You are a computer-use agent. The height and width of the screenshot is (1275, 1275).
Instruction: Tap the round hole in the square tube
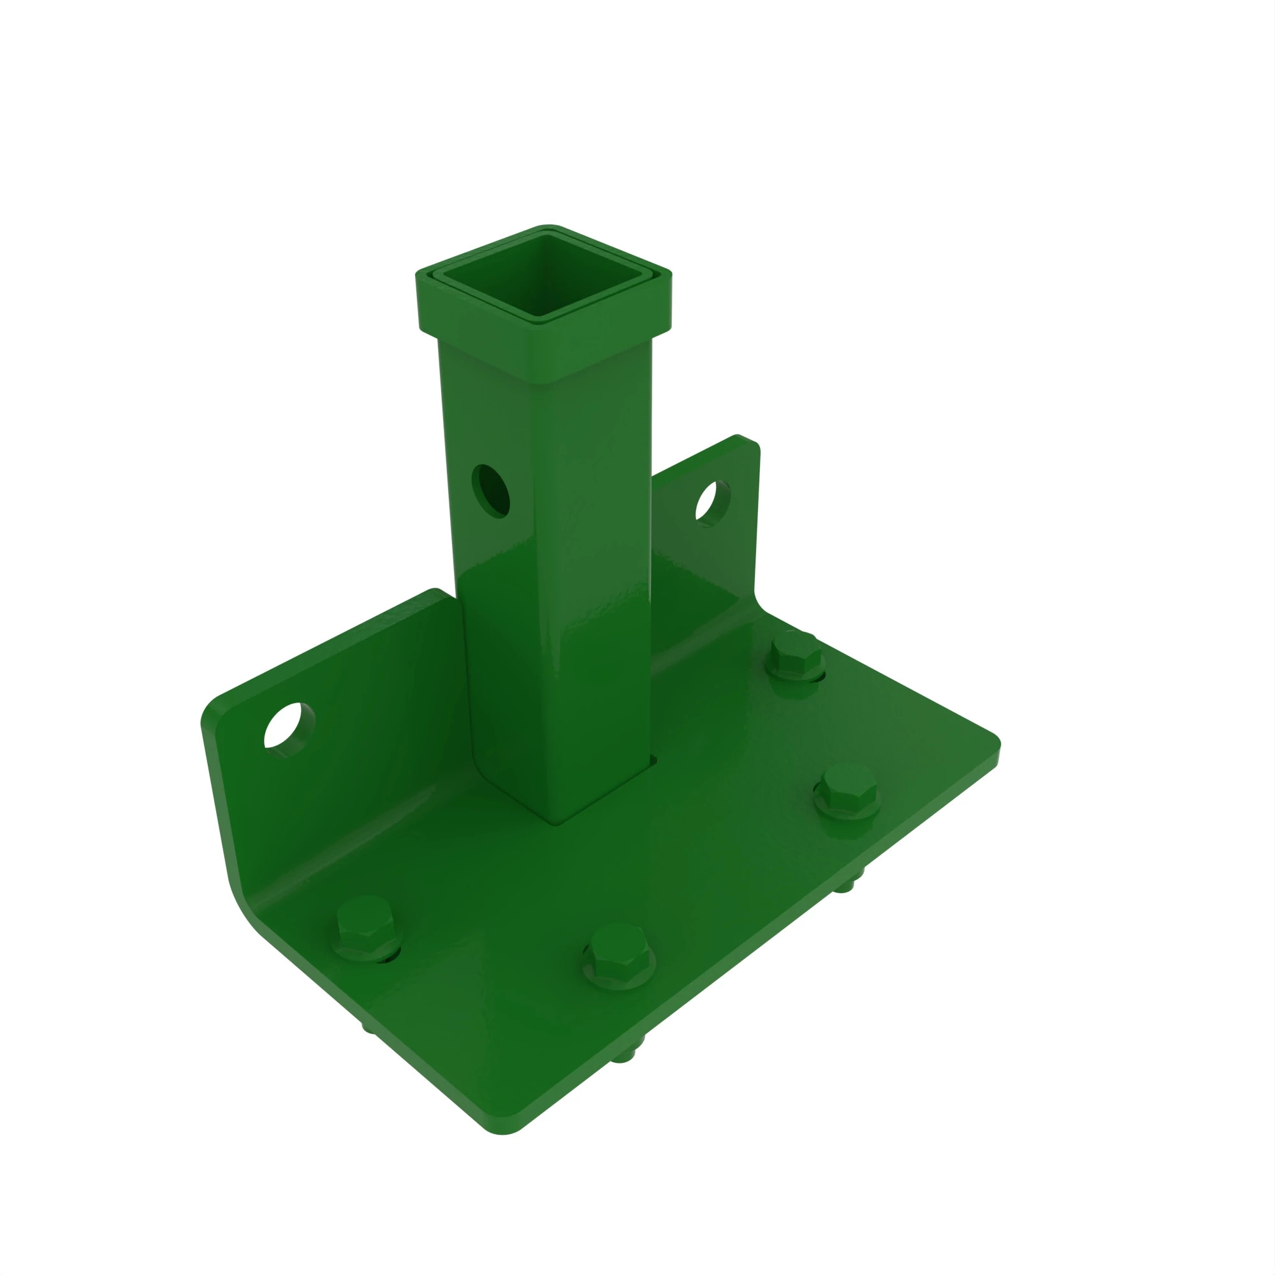tap(492, 491)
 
